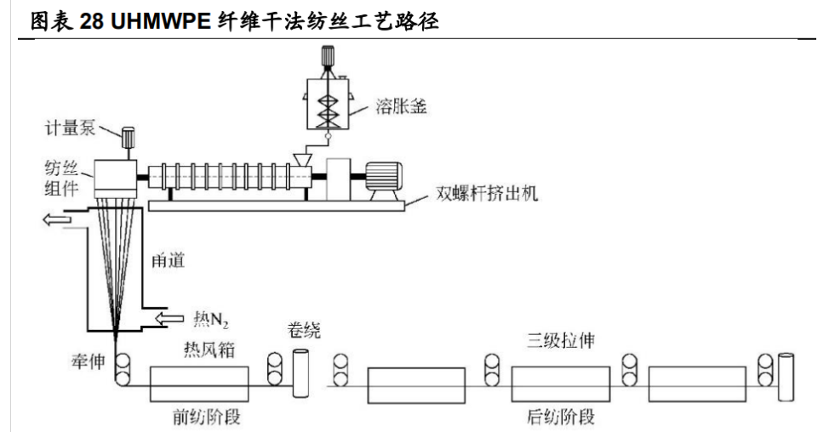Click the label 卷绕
[x=304, y=329]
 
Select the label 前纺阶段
[x=200, y=417]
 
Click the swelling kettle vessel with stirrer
[x=327, y=96]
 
